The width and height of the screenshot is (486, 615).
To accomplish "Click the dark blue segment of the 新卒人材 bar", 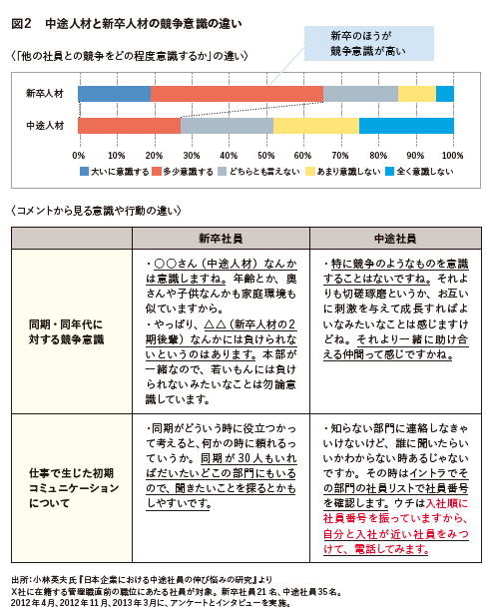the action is (114, 94).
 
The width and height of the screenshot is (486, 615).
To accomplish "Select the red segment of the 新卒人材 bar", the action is (237, 94).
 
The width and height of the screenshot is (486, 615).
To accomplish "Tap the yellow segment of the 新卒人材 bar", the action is (417, 94).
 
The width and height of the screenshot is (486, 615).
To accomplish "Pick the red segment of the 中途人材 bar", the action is (130, 126).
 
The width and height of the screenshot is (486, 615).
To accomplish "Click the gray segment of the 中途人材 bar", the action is (227, 126).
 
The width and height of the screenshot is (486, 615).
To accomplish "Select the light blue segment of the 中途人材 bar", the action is (406, 126).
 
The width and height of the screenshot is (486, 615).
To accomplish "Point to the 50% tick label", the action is (266, 156).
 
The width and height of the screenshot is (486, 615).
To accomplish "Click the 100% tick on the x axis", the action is (453, 156).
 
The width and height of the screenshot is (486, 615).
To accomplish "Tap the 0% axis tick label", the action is (79, 156).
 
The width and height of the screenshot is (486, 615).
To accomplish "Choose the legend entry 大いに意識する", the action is (115, 172).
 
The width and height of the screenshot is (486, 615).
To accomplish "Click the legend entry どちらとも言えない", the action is (258, 172).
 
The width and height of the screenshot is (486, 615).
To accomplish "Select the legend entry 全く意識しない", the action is (419, 172).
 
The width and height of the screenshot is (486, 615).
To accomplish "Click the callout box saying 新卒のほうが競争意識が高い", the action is (369, 44).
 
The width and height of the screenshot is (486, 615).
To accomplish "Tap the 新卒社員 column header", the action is (221, 238).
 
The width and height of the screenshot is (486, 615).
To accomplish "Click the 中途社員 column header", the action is (395, 238).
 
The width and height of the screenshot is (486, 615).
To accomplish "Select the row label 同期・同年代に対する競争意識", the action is (66, 331).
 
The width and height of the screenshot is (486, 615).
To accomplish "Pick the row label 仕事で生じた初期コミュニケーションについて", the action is (74, 488).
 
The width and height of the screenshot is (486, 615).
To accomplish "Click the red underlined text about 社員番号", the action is (396, 526).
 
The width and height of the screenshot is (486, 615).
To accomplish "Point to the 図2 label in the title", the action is (21, 24).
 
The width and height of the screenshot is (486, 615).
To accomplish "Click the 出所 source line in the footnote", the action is (142, 580).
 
